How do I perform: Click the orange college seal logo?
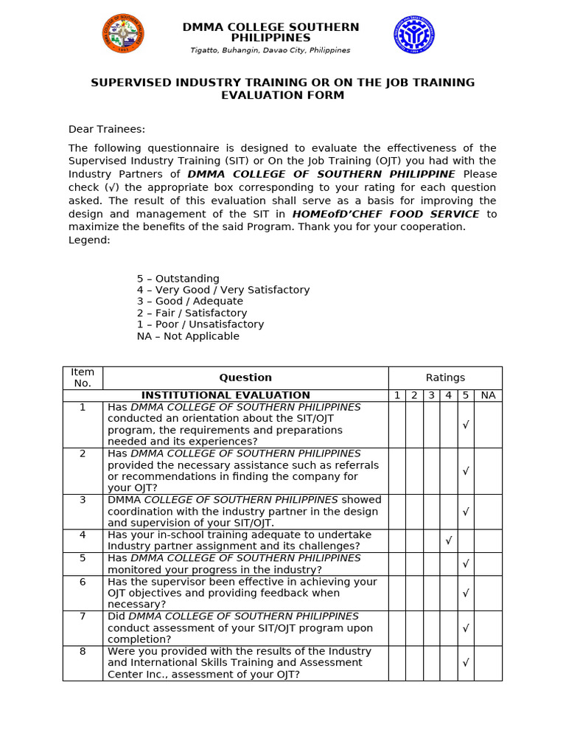(123, 34)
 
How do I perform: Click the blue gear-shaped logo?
(413, 34)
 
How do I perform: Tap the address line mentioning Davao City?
(270, 50)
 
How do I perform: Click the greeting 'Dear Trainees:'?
(107, 129)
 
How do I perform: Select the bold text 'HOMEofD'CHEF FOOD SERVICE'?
(386, 214)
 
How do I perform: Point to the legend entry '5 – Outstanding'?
(178, 279)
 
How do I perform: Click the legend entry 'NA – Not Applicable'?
(188, 336)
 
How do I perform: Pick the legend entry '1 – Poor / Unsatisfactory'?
(200, 324)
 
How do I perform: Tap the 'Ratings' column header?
(445, 377)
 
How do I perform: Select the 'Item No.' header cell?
(83, 377)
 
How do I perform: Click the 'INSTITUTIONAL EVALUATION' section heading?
(226, 395)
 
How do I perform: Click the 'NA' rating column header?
(488, 395)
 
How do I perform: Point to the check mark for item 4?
(448, 540)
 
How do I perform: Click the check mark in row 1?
(465, 425)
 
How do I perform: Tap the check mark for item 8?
(465, 663)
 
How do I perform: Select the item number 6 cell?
(83, 582)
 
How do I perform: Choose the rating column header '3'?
(431, 395)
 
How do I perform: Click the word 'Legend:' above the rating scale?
(89, 240)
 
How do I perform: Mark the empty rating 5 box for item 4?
(465, 540)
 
